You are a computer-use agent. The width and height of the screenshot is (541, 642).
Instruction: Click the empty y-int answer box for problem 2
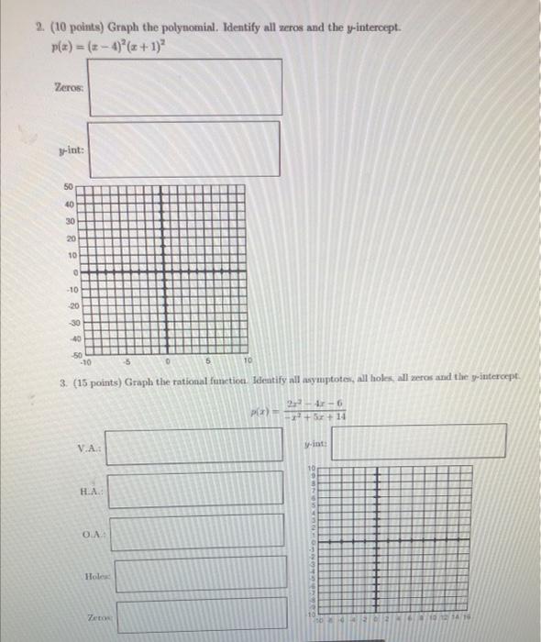click(x=184, y=148)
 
